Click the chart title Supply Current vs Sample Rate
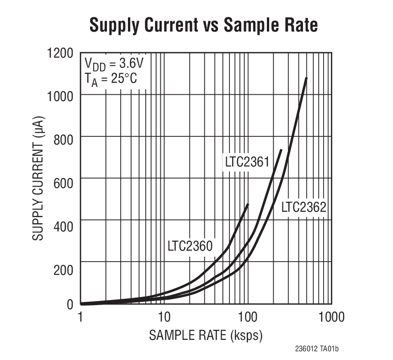pos(203,25)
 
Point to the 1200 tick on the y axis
pos(60,53)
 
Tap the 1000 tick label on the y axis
pos(60,95)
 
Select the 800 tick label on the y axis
pos(64,137)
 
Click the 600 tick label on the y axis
pos(64,179)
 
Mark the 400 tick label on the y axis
pos(64,221)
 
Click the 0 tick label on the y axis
pos(70,304)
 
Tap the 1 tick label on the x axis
pos(81,317)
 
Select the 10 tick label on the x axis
pos(164,317)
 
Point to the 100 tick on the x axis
pos(247,317)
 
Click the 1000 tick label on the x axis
pos(331,317)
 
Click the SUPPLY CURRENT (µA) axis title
pos(38,178)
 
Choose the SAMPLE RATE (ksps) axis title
pos(206,336)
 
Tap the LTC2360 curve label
pos(190,246)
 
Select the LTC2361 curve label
pos(247,162)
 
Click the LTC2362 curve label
pos(303,207)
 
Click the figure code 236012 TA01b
pos(317,349)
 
